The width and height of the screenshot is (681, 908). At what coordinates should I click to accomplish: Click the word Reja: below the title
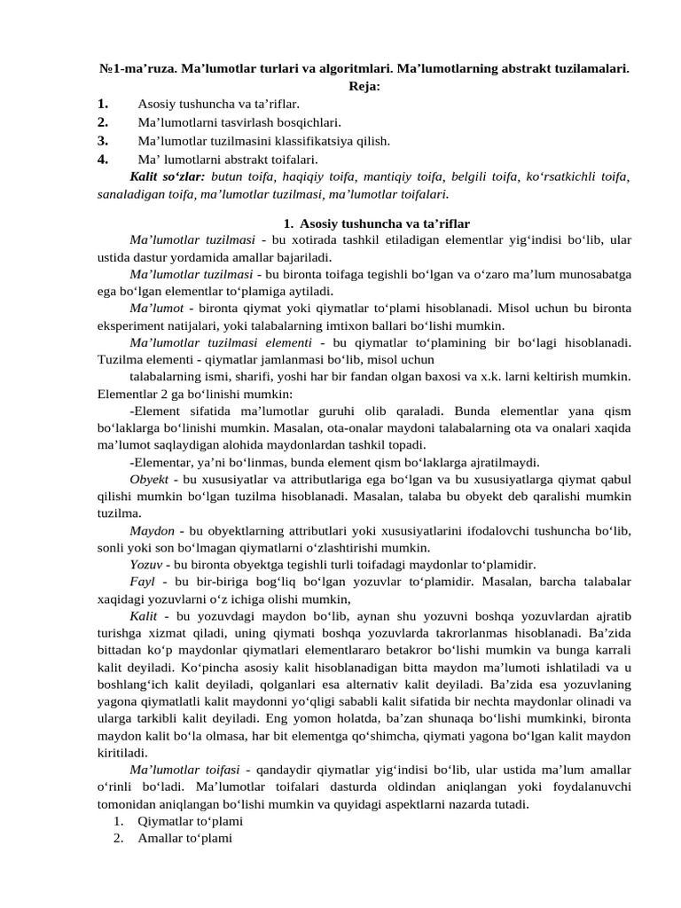(364, 86)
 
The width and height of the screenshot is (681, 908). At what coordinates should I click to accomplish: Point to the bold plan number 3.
(103, 140)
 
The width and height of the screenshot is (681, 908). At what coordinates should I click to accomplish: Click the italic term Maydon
(152, 530)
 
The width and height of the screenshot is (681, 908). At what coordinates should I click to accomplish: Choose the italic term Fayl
(142, 582)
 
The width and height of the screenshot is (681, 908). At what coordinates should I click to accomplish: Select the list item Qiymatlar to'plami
(190, 821)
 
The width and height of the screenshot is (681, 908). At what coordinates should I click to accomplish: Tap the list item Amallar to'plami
(184, 838)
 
